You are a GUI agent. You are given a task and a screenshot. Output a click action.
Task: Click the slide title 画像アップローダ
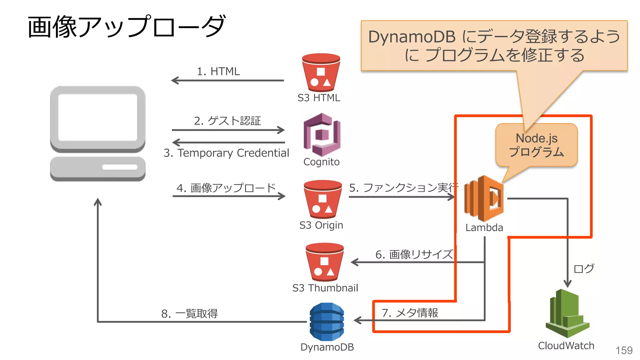(126, 27)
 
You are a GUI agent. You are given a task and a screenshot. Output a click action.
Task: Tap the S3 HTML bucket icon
(321, 73)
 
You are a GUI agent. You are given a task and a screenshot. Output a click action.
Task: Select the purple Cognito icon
(322, 135)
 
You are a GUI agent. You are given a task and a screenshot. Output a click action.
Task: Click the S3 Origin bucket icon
(323, 199)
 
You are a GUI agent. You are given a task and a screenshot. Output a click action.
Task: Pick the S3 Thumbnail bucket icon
(325, 262)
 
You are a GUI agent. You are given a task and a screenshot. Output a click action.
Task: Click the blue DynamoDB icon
(327, 322)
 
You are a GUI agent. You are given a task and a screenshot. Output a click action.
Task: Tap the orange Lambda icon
(484, 199)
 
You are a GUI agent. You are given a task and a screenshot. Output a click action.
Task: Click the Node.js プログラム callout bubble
(536, 145)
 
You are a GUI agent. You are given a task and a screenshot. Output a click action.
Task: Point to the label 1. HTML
(218, 72)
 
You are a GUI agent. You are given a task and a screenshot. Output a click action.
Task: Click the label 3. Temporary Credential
(226, 153)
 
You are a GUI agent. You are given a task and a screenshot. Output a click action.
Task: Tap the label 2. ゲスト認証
(227, 121)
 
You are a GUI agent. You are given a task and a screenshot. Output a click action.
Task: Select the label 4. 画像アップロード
(226, 188)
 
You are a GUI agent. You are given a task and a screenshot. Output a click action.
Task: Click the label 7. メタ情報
(410, 313)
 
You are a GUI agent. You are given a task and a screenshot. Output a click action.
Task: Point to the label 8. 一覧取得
(189, 314)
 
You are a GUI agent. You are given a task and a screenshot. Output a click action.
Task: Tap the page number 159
(624, 351)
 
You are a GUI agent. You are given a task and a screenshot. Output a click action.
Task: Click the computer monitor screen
(98, 117)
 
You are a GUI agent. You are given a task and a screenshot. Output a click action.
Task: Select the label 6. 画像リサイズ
(414, 255)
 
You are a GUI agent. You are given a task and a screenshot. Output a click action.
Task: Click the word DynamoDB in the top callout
(412, 37)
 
